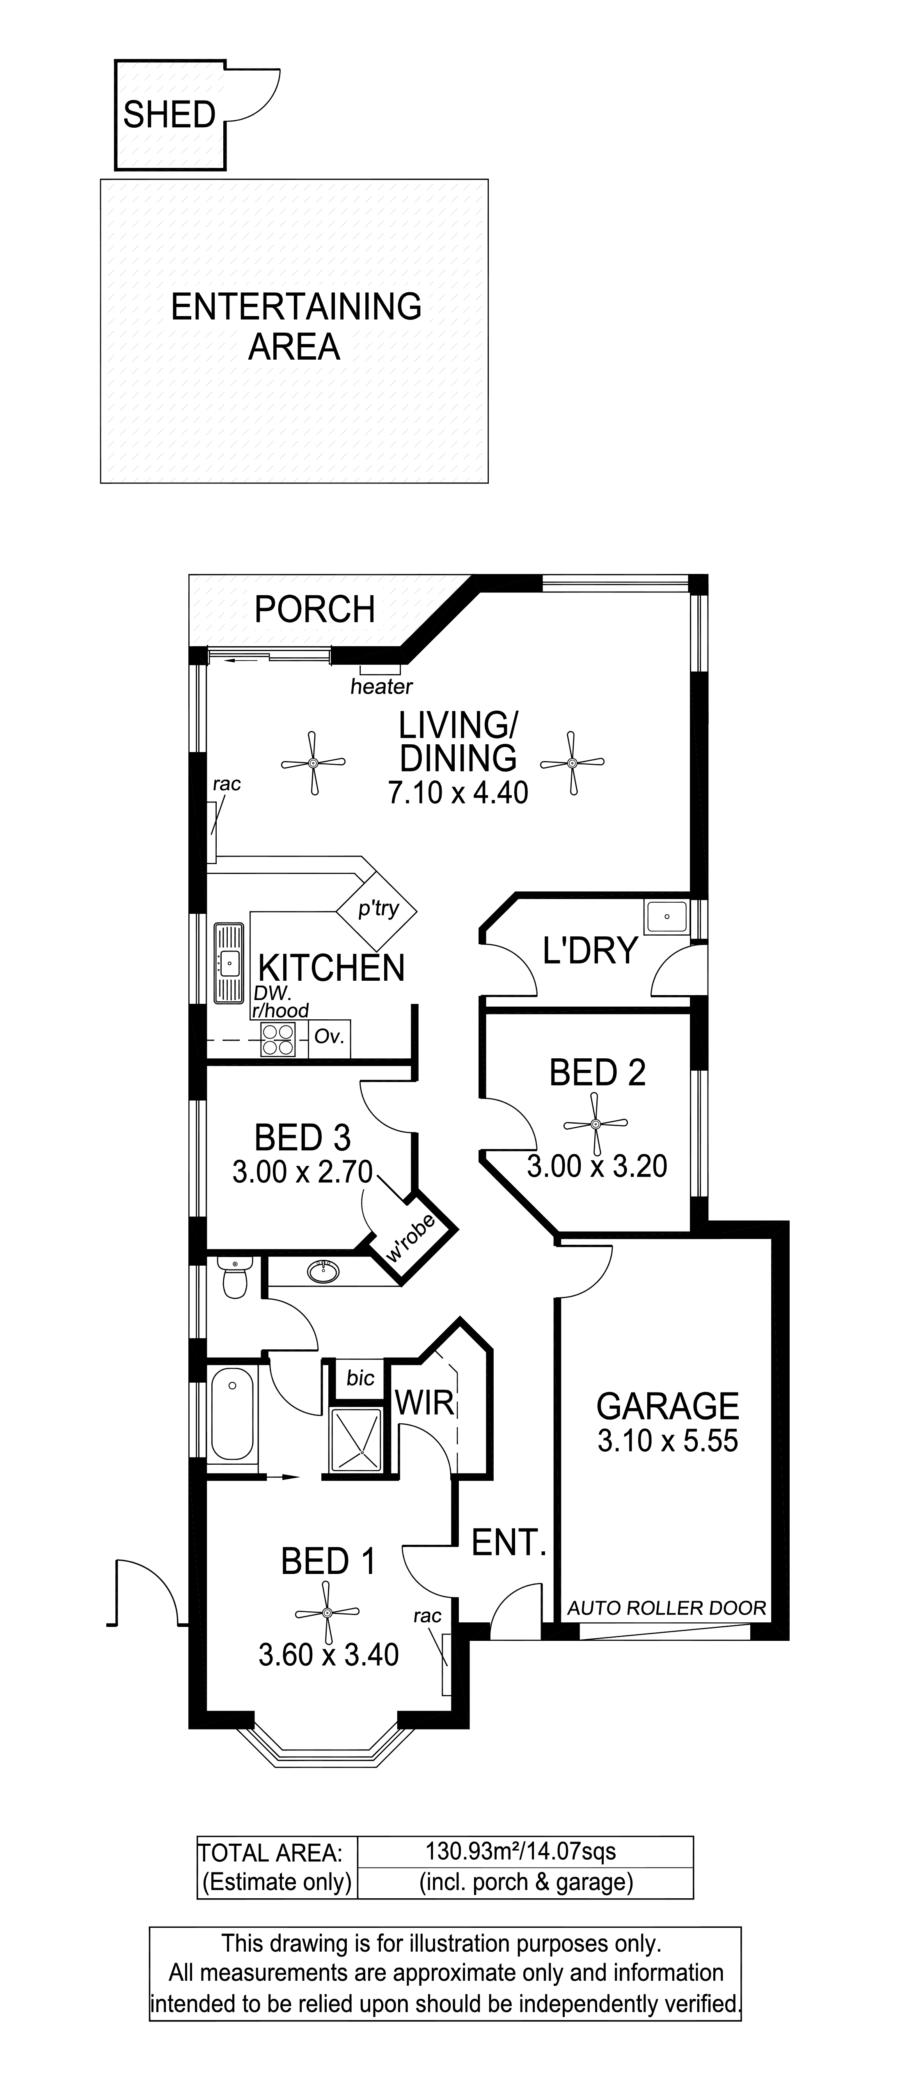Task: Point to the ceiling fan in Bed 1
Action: pyautogui.click(x=327, y=1613)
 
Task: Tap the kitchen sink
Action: pyautogui.click(x=229, y=963)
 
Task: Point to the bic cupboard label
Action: pyautogui.click(x=360, y=1377)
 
